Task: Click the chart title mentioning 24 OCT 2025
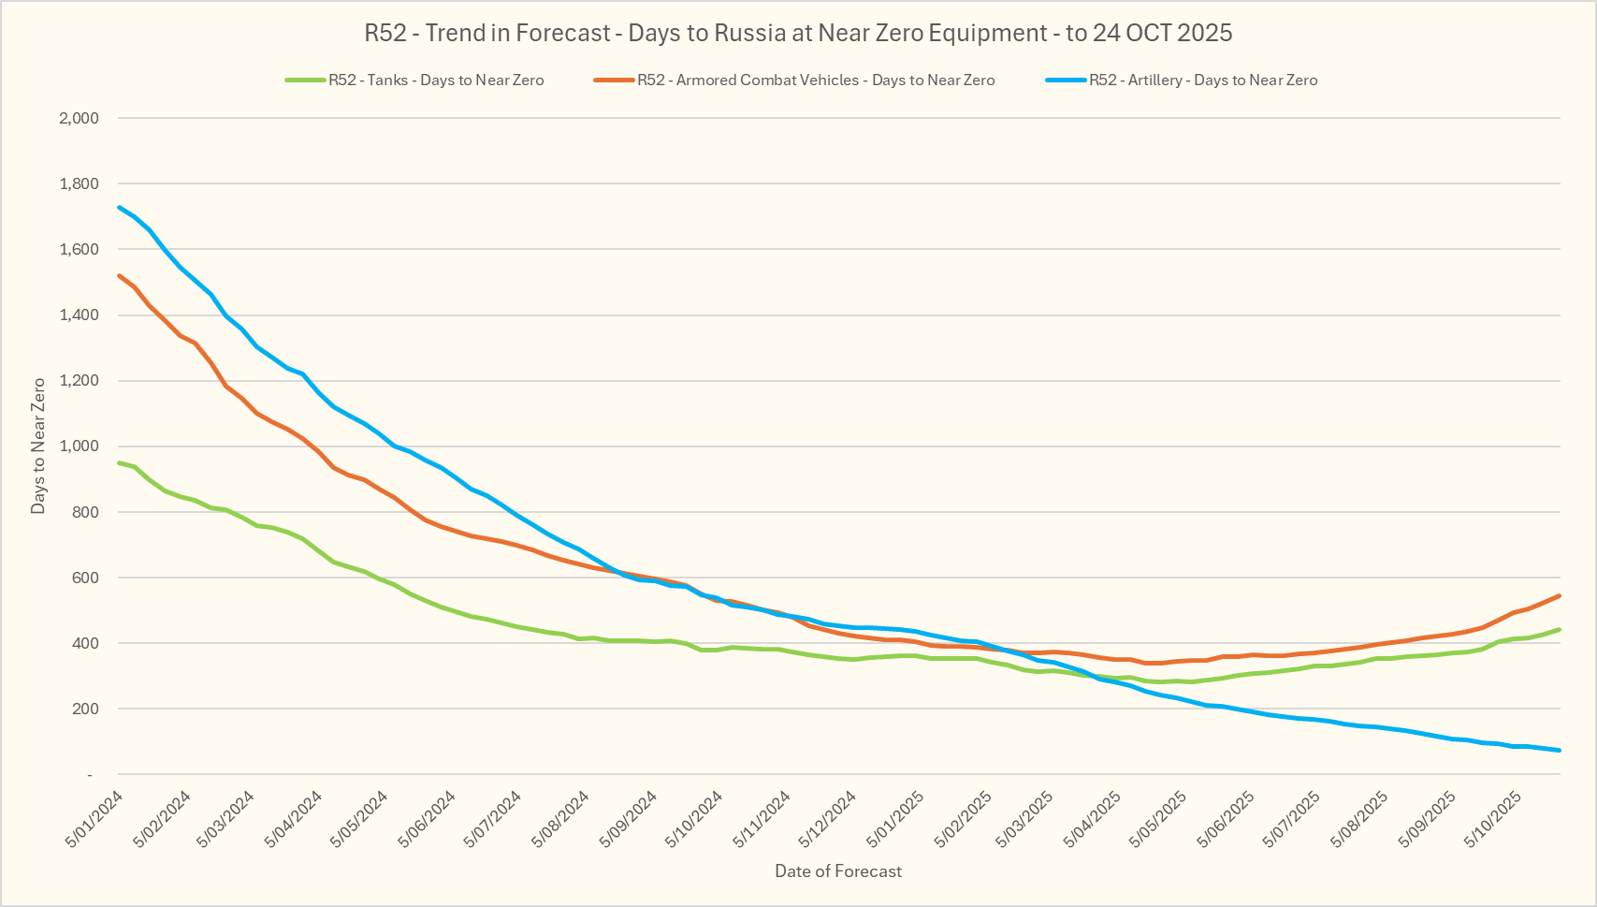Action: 798,34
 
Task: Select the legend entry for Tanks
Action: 435,80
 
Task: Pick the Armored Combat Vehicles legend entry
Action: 816,80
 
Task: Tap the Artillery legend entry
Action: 1202,80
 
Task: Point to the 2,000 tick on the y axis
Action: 79,118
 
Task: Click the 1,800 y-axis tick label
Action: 79,183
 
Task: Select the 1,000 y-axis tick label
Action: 79,446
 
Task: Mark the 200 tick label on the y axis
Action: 85,709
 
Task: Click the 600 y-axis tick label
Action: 85,578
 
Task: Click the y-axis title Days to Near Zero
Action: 38,446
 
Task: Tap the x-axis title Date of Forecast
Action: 838,871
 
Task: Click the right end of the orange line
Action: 1560,595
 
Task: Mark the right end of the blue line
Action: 1560,750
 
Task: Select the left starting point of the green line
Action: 119,462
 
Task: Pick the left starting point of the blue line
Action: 119,207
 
